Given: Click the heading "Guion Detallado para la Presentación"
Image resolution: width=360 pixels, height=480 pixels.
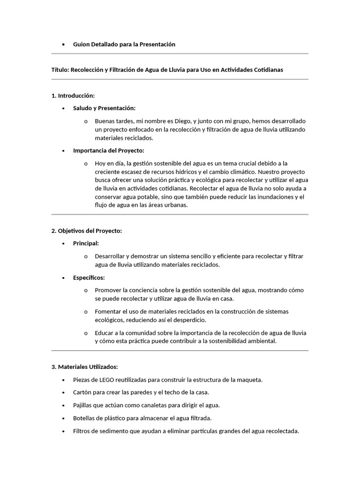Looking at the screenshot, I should (124, 44).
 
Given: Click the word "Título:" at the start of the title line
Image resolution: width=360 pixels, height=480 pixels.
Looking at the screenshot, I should (60, 69).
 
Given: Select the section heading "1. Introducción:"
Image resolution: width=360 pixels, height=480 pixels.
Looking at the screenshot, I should (73, 96).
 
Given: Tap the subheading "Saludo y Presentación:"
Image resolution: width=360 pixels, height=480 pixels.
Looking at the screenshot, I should (104, 108).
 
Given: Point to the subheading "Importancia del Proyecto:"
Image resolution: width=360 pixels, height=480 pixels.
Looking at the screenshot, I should (109, 150).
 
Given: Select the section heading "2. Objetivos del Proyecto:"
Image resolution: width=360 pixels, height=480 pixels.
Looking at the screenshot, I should (86, 231).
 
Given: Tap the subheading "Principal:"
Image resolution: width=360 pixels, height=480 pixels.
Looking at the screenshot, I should (86, 243).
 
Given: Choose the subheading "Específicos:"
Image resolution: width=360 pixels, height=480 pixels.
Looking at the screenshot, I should (89, 277).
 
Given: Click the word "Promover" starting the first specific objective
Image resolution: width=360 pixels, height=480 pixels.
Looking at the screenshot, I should (108, 290).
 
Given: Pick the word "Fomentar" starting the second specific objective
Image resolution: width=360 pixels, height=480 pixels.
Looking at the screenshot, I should (108, 311).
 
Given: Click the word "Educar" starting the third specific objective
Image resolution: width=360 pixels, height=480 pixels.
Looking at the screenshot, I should (104, 333).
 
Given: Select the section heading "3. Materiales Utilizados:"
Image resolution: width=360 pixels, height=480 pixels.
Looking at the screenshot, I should (84, 367).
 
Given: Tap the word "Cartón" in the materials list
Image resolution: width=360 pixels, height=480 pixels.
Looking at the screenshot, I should (82, 392).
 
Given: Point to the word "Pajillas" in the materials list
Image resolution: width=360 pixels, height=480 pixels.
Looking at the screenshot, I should (84, 405).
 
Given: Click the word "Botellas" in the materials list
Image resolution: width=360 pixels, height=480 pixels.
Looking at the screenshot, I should (84, 418).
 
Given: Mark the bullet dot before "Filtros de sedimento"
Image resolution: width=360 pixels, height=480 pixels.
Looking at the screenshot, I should (63, 431).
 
